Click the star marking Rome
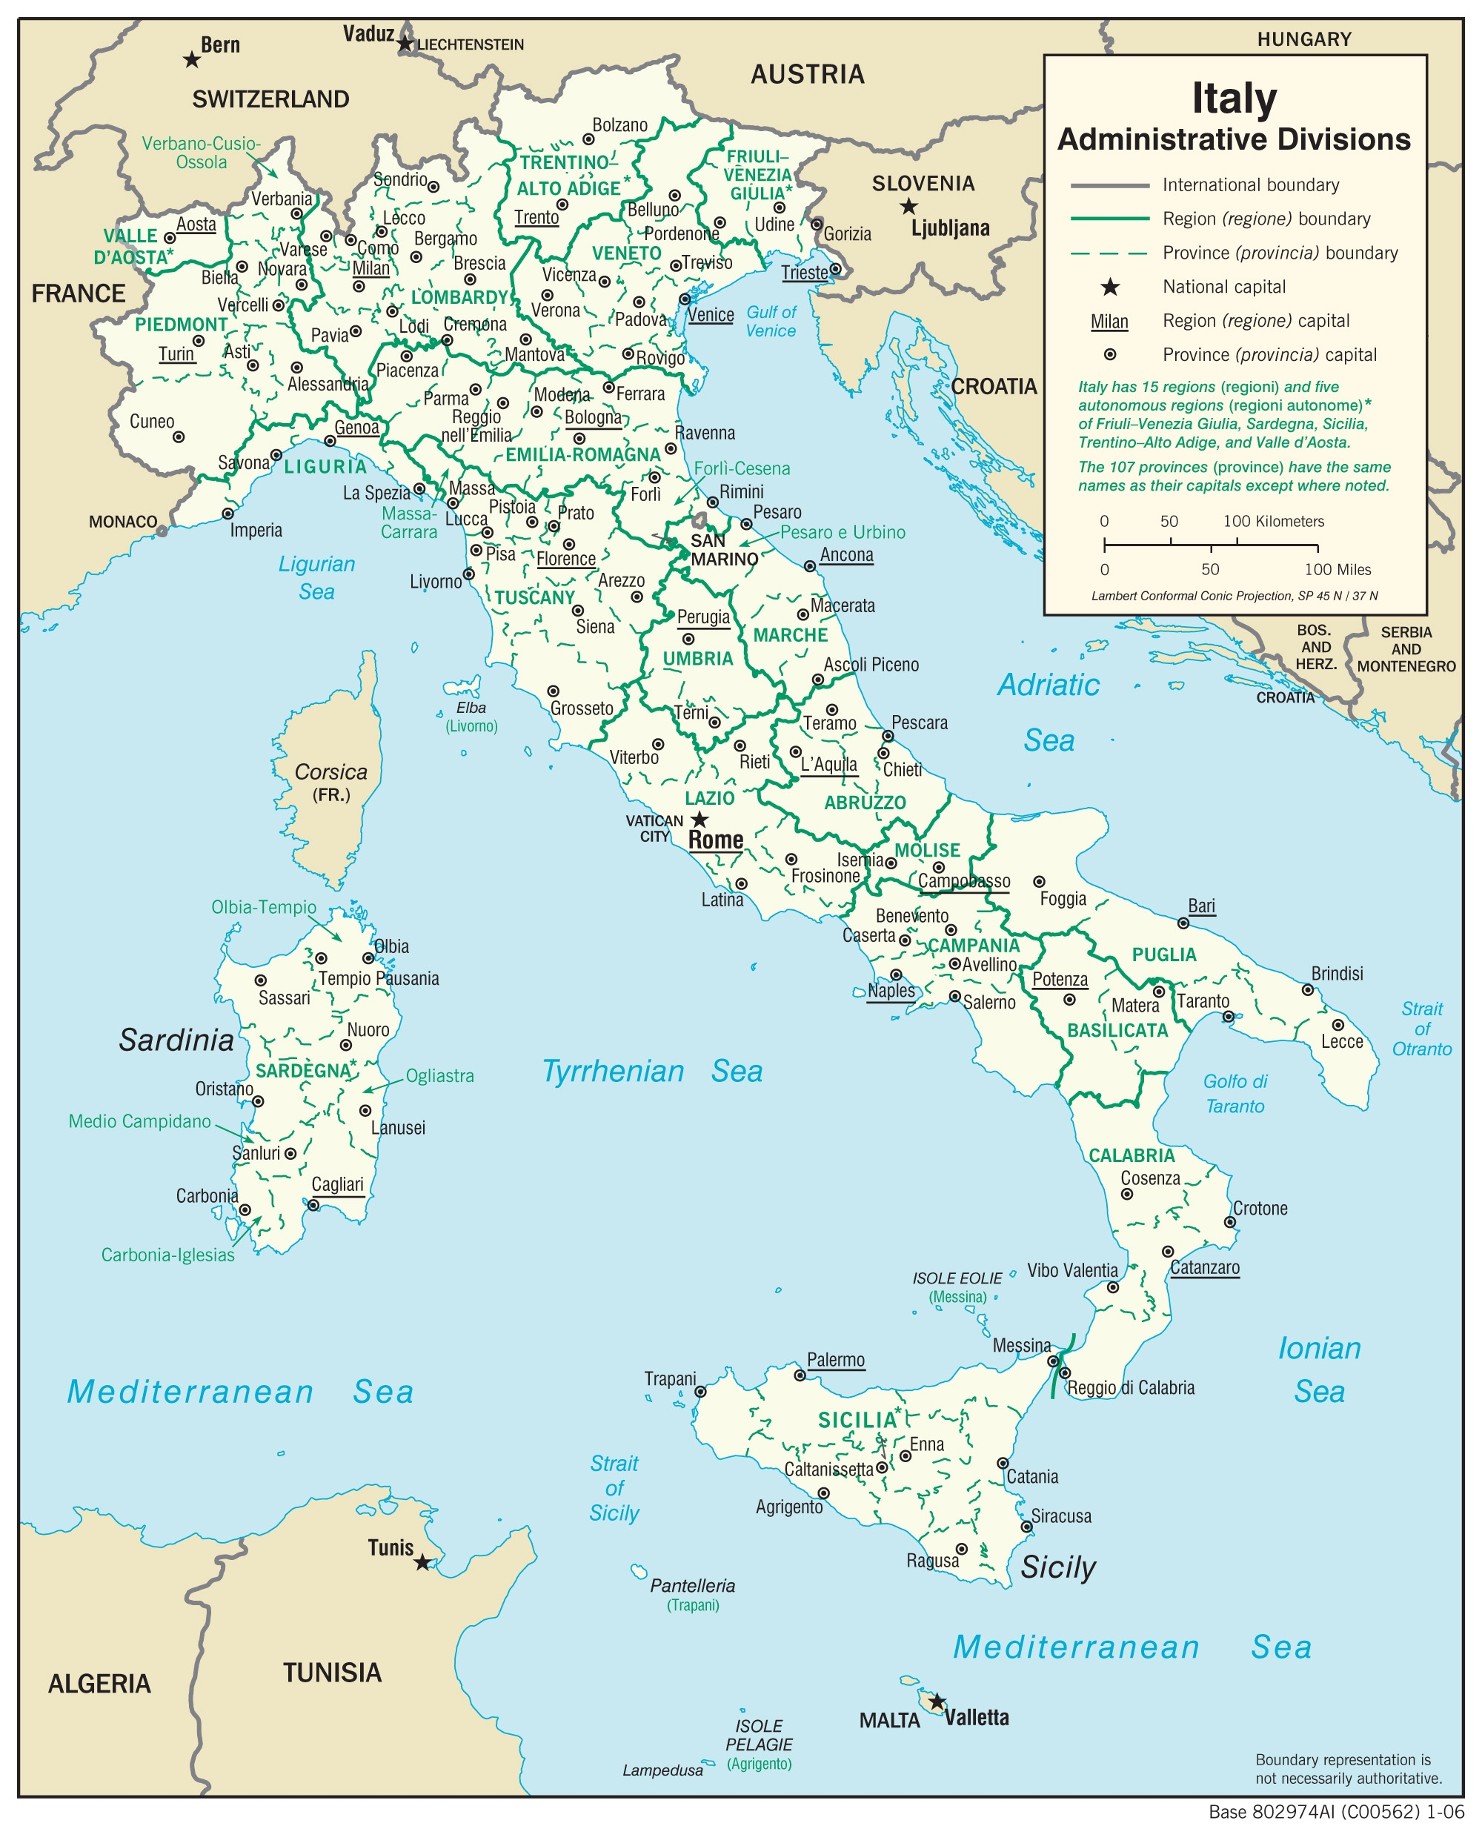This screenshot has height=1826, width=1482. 700,820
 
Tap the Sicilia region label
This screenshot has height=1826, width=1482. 858,1420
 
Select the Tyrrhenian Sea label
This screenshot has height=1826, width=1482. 652,1072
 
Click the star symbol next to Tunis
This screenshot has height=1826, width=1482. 422,1562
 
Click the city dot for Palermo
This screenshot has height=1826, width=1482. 800,1375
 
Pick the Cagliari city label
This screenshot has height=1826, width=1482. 337,1184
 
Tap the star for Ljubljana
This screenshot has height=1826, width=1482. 909,207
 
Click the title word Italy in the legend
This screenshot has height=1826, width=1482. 1234,97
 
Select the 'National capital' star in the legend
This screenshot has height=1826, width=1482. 1110,287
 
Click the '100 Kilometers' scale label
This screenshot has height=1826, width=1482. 1273,521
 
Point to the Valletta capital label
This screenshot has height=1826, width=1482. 977,1717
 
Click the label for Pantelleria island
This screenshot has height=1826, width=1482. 692,1585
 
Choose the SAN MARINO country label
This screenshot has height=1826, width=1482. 723,550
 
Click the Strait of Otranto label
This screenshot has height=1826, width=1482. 1421,1029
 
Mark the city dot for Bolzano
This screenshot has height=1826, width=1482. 588,139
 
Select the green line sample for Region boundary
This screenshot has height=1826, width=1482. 1110,219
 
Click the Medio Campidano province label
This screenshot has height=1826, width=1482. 139,1120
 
